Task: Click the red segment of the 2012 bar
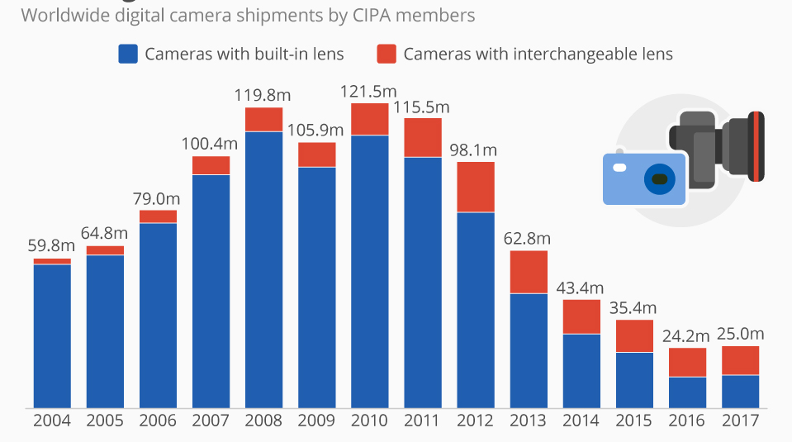tap(475, 187)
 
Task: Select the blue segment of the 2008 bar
tap(263, 269)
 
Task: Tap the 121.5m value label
tap(369, 91)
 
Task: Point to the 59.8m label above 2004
tap(52, 246)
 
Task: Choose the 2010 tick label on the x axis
tap(369, 421)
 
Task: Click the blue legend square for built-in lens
tap(127, 55)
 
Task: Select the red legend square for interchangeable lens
tap(386, 55)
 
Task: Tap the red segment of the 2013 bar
tap(528, 272)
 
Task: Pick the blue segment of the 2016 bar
tap(686, 392)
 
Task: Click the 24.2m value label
tap(686, 336)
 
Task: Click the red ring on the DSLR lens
tap(757, 146)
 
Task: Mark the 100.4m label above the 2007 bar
tap(211, 144)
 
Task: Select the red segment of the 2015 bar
tap(633, 335)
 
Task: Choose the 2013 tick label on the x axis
tap(528, 421)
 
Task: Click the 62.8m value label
tap(528, 238)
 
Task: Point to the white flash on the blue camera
tap(619, 167)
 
